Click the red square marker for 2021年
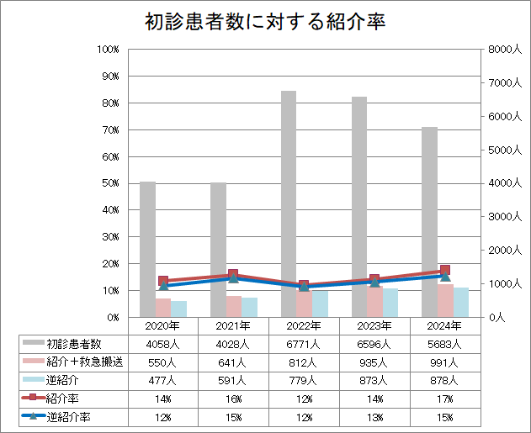tap(233, 274)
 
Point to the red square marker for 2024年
tap(445, 271)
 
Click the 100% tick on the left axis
tap(109, 50)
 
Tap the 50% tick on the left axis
tap(109, 183)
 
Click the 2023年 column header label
tap(374, 325)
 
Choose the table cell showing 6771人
tap(303, 344)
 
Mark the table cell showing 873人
tap(374, 380)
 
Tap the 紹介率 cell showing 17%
tap(443, 398)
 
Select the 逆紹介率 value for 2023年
tap(374, 416)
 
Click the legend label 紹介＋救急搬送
tap(84, 362)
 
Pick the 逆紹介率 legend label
tap(69, 416)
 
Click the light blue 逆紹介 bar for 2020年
tap(178, 308)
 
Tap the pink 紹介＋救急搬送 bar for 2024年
tap(445, 300)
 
